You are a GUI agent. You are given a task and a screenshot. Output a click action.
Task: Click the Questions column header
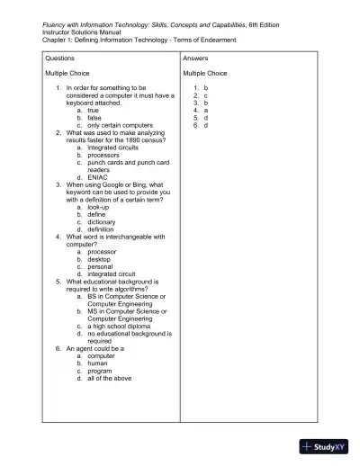click(x=60, y=58)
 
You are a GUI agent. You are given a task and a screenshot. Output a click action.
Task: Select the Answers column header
click(x=195, y=58)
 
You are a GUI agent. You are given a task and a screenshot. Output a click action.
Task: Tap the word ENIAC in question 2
click(x=98, y=176)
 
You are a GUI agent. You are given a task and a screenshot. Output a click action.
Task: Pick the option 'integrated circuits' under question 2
click(x=115, y=146)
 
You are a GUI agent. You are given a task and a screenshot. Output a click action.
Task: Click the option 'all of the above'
click(x=110, y=378)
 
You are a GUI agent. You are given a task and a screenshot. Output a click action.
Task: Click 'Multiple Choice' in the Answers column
click(x=205, y=73)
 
